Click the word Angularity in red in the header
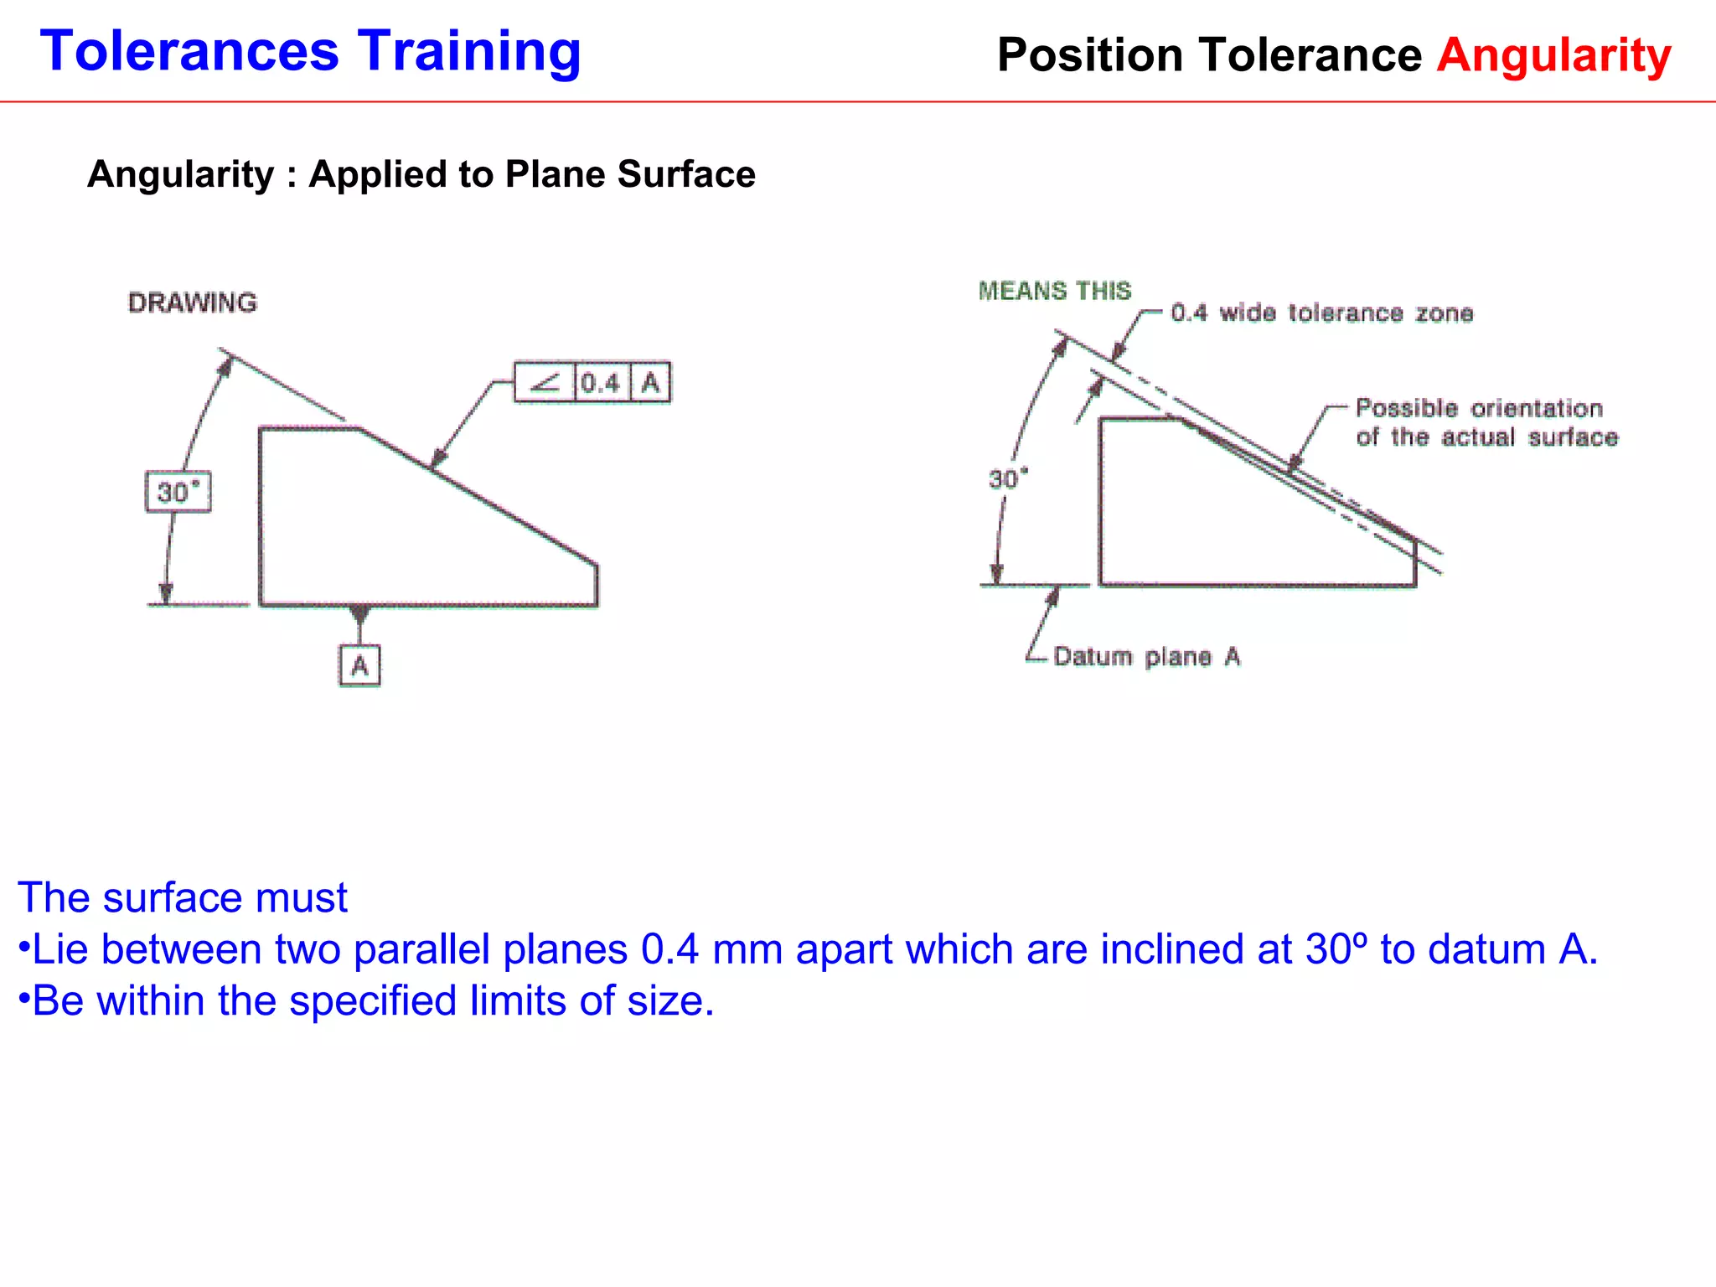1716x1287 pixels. click(1554, 55)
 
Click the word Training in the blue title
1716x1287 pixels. click(469, 52)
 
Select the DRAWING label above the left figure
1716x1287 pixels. click(193, 302)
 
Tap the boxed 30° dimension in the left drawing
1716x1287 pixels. click(178, 492)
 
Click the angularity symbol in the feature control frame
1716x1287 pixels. click(545, 383)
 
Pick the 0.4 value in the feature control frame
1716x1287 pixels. click(601, 383)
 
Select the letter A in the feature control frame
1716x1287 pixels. click(650, 383)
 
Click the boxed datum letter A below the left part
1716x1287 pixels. click(359, 666)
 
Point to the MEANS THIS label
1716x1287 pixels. click(1055, 291)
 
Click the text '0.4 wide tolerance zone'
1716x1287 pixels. click(1322, 313)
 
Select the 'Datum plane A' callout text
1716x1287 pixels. click(1147, 656)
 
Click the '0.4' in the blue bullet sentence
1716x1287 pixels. click(669, 949)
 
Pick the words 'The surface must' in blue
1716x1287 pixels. click(182, 897)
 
